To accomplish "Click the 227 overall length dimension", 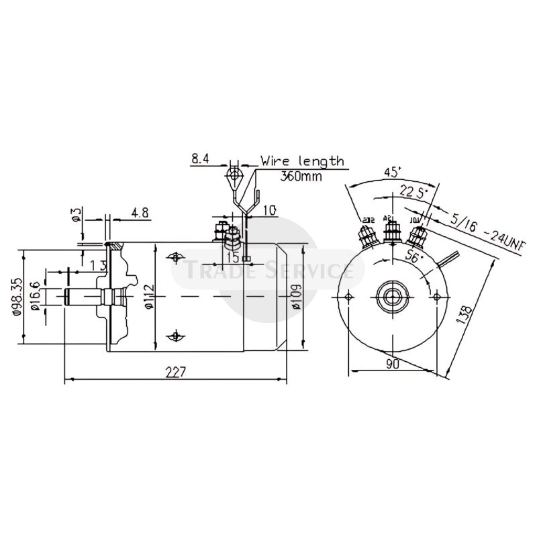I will point(177,372).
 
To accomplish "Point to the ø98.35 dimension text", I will point(18,298).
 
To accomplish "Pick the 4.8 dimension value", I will point(140,213).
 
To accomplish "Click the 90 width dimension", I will point(393,364).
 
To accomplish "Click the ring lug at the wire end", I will point(233,177).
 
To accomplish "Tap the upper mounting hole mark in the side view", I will point(176,257).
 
